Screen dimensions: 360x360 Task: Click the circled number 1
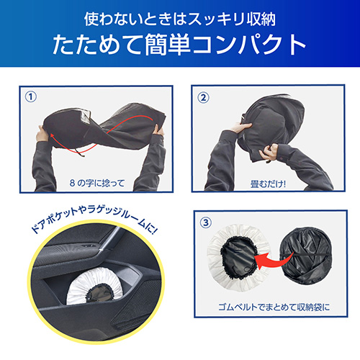(x=31, y=97)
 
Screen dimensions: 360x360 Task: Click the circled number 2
(x=203, y=98)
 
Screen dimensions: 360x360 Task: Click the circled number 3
(x=206, y=222)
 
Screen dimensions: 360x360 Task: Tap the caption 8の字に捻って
(x=97, y=184)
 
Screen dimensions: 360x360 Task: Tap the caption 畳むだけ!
(x=268, y=184)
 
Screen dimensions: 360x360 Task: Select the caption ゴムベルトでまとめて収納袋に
(x=274, y=307)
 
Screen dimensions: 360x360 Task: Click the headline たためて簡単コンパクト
(x=179, y=45)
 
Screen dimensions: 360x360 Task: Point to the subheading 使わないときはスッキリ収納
(x=180, y=19)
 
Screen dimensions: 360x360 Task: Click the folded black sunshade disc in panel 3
(x=306, y=256)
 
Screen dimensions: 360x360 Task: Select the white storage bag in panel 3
(x=238, y=258)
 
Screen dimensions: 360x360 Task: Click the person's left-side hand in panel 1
(x=42, y=134)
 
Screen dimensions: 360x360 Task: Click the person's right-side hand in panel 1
(x=158, y=130)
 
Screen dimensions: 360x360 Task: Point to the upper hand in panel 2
(x=241, y=127)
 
